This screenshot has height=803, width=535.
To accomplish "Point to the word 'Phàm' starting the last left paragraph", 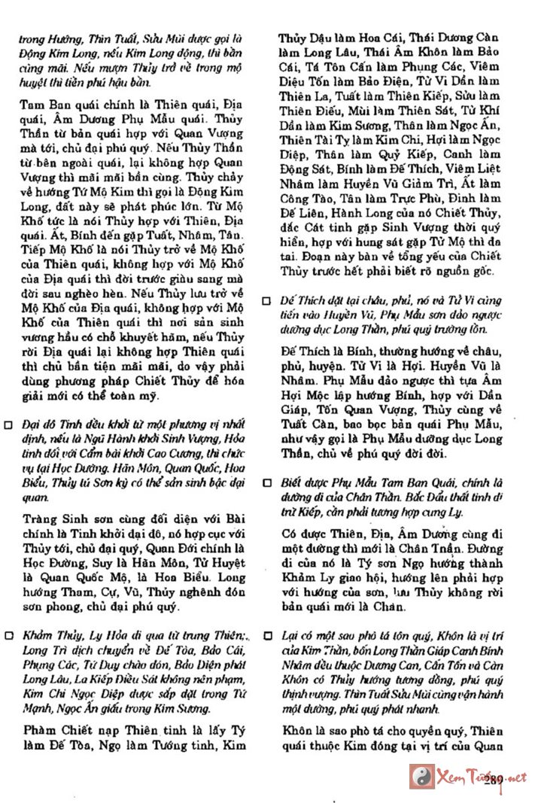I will tap(39, 729).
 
